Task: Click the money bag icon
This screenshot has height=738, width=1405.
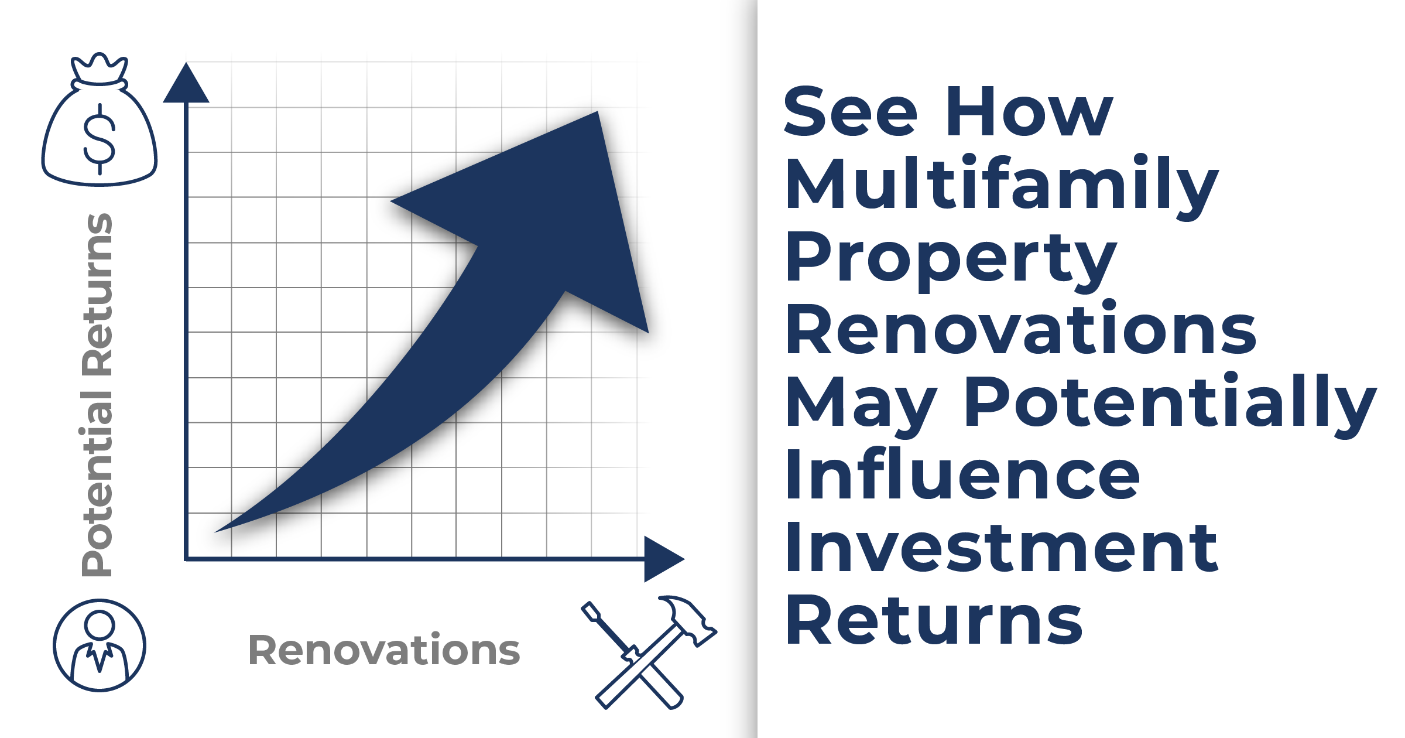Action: click(x=100, y=119)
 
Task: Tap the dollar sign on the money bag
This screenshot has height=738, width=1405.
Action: click(x=100, y=139)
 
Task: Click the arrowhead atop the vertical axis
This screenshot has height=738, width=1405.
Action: click(x=186, y=83)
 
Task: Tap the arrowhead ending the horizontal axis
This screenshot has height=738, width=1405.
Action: click(x=664, y=559)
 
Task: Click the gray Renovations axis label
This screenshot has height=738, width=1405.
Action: click(x=384, y=650)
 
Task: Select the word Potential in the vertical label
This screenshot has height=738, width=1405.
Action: click(x=97, y=483)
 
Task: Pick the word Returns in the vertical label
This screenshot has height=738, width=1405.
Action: click(x=97, y=294)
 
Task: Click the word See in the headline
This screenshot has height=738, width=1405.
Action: click(x=850, y=111)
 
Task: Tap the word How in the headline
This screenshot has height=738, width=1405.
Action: click(x=1029, y=111)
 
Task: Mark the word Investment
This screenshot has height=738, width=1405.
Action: click(x=1002, y=547)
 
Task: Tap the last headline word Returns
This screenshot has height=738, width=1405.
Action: click(x=934, y=620)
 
